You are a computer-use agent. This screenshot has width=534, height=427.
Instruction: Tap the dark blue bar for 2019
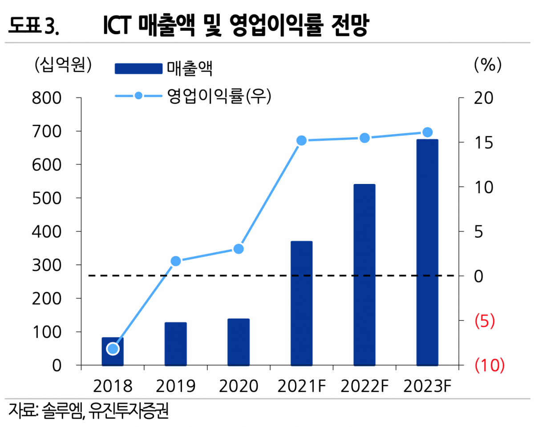(x=175, y=344)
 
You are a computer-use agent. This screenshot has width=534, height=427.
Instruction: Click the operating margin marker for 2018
(x=113, y=349)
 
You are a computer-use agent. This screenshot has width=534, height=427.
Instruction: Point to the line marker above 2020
(x=239, y=249)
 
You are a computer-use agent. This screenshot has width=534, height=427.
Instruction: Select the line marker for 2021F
(x=302, y=141)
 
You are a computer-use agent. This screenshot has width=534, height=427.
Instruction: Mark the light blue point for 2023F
(x=427, y=132)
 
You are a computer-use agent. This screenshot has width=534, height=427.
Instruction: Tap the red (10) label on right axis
(x=489, y=365)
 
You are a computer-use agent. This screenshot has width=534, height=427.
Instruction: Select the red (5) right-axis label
(x=485, y=321)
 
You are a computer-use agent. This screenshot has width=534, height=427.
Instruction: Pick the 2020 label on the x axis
(x=239, y=386)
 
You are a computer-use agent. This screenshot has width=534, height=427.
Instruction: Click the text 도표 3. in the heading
(x=34, y=27)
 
